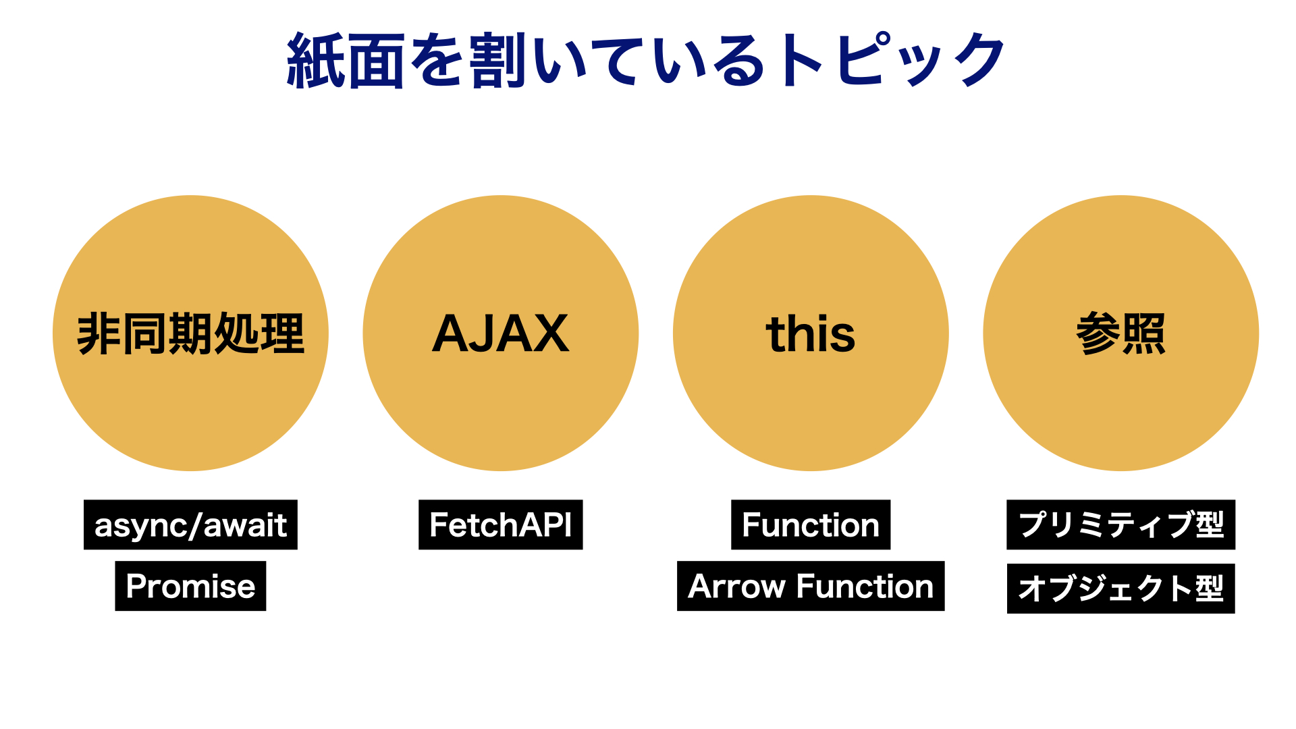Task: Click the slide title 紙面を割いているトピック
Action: click(647, 61)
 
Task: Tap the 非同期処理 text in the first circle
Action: click(190, 333)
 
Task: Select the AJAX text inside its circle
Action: click(500, 333)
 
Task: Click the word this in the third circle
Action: click(810, 333)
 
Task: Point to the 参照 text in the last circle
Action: click(1120, 333)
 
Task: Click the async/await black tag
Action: click(190, 525)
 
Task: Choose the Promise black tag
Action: click(190, 586)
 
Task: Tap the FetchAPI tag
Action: click(500, 525)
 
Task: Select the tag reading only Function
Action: click(810, 525)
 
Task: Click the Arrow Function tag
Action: click(810, 586)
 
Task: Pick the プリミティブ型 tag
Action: click(1120, 525)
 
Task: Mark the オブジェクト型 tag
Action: click(1120, 589)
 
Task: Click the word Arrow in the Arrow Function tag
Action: click(736, 586)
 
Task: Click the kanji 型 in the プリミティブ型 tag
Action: click(1210, 525)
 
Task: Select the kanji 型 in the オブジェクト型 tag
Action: click(1210, 589)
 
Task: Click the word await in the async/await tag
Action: click(245, 525)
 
